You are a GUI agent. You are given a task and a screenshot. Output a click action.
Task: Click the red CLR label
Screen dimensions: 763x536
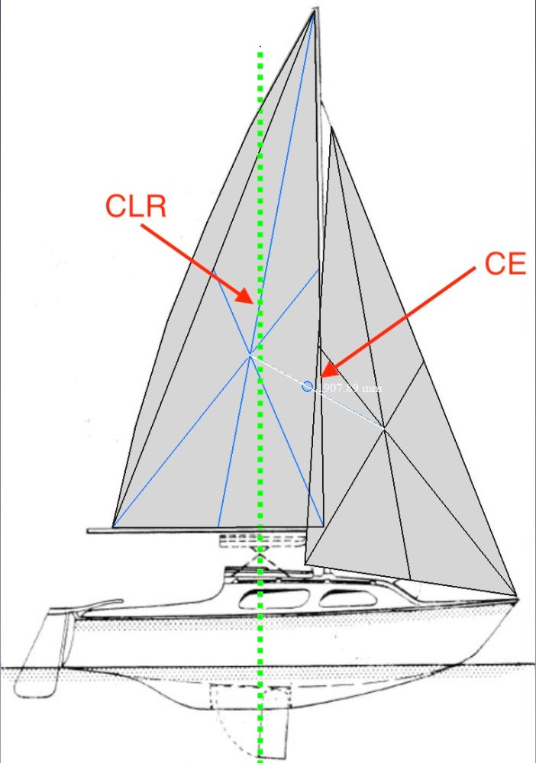pos(136,206)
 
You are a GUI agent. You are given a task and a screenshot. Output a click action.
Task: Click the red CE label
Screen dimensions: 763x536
pos(505,264)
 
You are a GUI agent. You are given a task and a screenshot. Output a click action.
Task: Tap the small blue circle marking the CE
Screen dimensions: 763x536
pos(307,387)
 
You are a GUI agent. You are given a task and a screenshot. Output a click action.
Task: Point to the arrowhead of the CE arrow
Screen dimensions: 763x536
pos(324,374)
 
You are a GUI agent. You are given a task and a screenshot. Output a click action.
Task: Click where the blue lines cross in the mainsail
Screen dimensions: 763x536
pos(250,354)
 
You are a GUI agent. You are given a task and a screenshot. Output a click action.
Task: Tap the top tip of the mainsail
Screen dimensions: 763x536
pos(314,10)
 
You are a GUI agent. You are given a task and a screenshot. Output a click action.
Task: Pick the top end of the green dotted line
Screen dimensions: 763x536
pos(261,48)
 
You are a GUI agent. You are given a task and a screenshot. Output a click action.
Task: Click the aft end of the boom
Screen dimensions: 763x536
pos(90,530)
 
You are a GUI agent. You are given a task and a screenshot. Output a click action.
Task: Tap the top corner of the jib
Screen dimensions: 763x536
pos(332,130)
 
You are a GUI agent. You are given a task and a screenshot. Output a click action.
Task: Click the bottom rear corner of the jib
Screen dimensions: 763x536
pos(306,564)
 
